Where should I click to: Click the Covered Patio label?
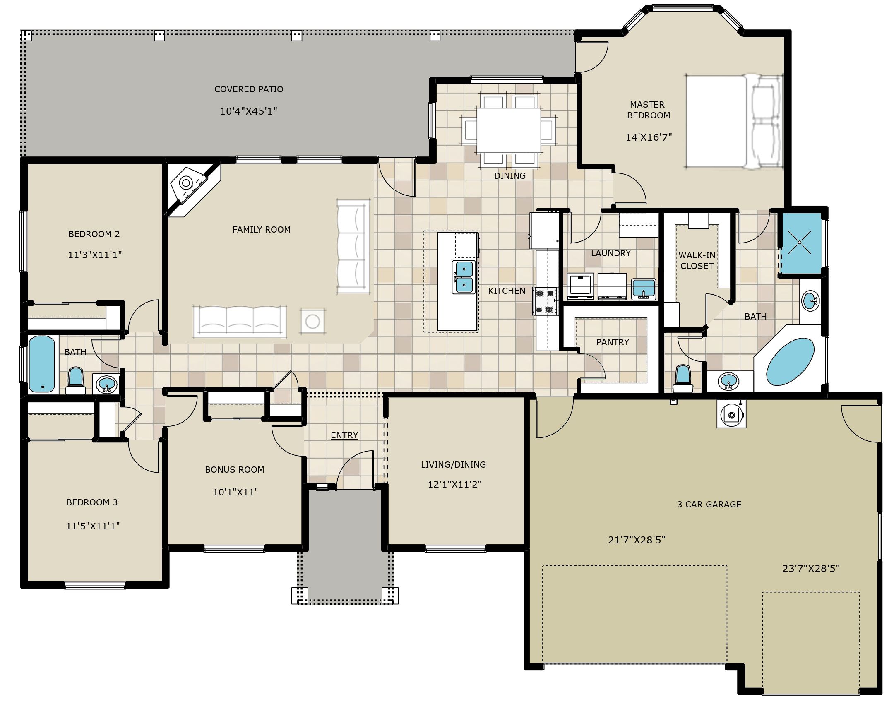(x=249, y=89)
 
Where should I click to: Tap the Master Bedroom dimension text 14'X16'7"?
(x=649, y=137)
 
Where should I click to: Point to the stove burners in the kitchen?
(x=545, y=301)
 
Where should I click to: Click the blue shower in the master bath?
(x=800, y=243)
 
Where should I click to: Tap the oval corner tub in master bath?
(x=790, y=361)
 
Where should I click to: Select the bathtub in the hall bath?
(x=42, y=364)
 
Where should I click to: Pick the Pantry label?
(x=613, y=342)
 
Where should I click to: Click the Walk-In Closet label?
(x=697, y=261)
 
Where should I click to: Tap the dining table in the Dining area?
(x=509, y=130)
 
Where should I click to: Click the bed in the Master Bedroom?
(x=733, y=122)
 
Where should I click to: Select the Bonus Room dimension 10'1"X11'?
(x=235, y=492)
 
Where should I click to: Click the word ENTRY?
(x=344, y=435)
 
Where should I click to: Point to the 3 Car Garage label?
(x=709, y=505)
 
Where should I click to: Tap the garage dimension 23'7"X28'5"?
(x=811, y=569)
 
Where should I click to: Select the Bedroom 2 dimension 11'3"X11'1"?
(x=95, y=255)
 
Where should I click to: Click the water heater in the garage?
(x=732, y=415)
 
